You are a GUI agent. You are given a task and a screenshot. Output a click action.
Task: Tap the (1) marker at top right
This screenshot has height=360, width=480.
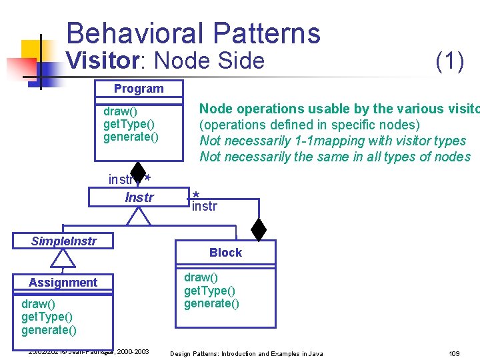(449, 61)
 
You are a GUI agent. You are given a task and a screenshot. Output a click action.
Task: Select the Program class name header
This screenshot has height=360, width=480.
(138, 89)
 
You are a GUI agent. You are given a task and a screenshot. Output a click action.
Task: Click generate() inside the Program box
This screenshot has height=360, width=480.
(131, 137)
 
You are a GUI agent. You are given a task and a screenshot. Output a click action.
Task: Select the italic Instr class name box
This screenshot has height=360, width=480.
(139, 197)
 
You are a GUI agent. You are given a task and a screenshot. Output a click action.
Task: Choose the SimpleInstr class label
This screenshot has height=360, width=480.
(64, 241)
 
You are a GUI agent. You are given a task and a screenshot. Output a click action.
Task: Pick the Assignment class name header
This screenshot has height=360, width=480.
(63, 283)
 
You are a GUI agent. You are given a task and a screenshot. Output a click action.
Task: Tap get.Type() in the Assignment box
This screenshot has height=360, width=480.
(47, 317)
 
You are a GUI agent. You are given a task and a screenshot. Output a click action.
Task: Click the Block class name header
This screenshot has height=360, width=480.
(225, 253)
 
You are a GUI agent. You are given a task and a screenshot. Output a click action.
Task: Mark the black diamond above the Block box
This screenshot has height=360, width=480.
(259, 229)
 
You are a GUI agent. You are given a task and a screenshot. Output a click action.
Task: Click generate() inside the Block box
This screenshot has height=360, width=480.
(211, 304)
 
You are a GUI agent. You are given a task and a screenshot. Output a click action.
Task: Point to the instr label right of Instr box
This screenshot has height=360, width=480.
(204, 207)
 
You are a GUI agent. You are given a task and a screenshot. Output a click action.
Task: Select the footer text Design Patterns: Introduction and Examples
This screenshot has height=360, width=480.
(247, 353)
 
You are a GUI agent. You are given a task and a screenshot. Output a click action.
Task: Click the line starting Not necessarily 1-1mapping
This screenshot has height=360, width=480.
(333, 141)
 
